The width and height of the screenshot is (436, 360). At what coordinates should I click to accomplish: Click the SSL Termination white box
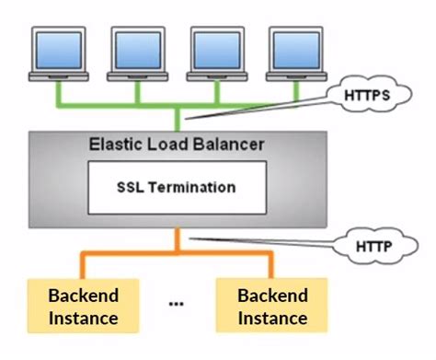pos(176,187)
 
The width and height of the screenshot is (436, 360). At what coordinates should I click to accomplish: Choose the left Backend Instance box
pos(83,308)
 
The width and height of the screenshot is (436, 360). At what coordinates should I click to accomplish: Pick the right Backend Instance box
pos(271,308)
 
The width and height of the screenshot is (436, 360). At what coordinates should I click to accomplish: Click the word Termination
pos(192,187)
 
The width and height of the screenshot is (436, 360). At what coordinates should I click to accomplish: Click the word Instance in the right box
pos(271,319)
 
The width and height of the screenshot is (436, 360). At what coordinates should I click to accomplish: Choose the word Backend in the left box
pos(83,296)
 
